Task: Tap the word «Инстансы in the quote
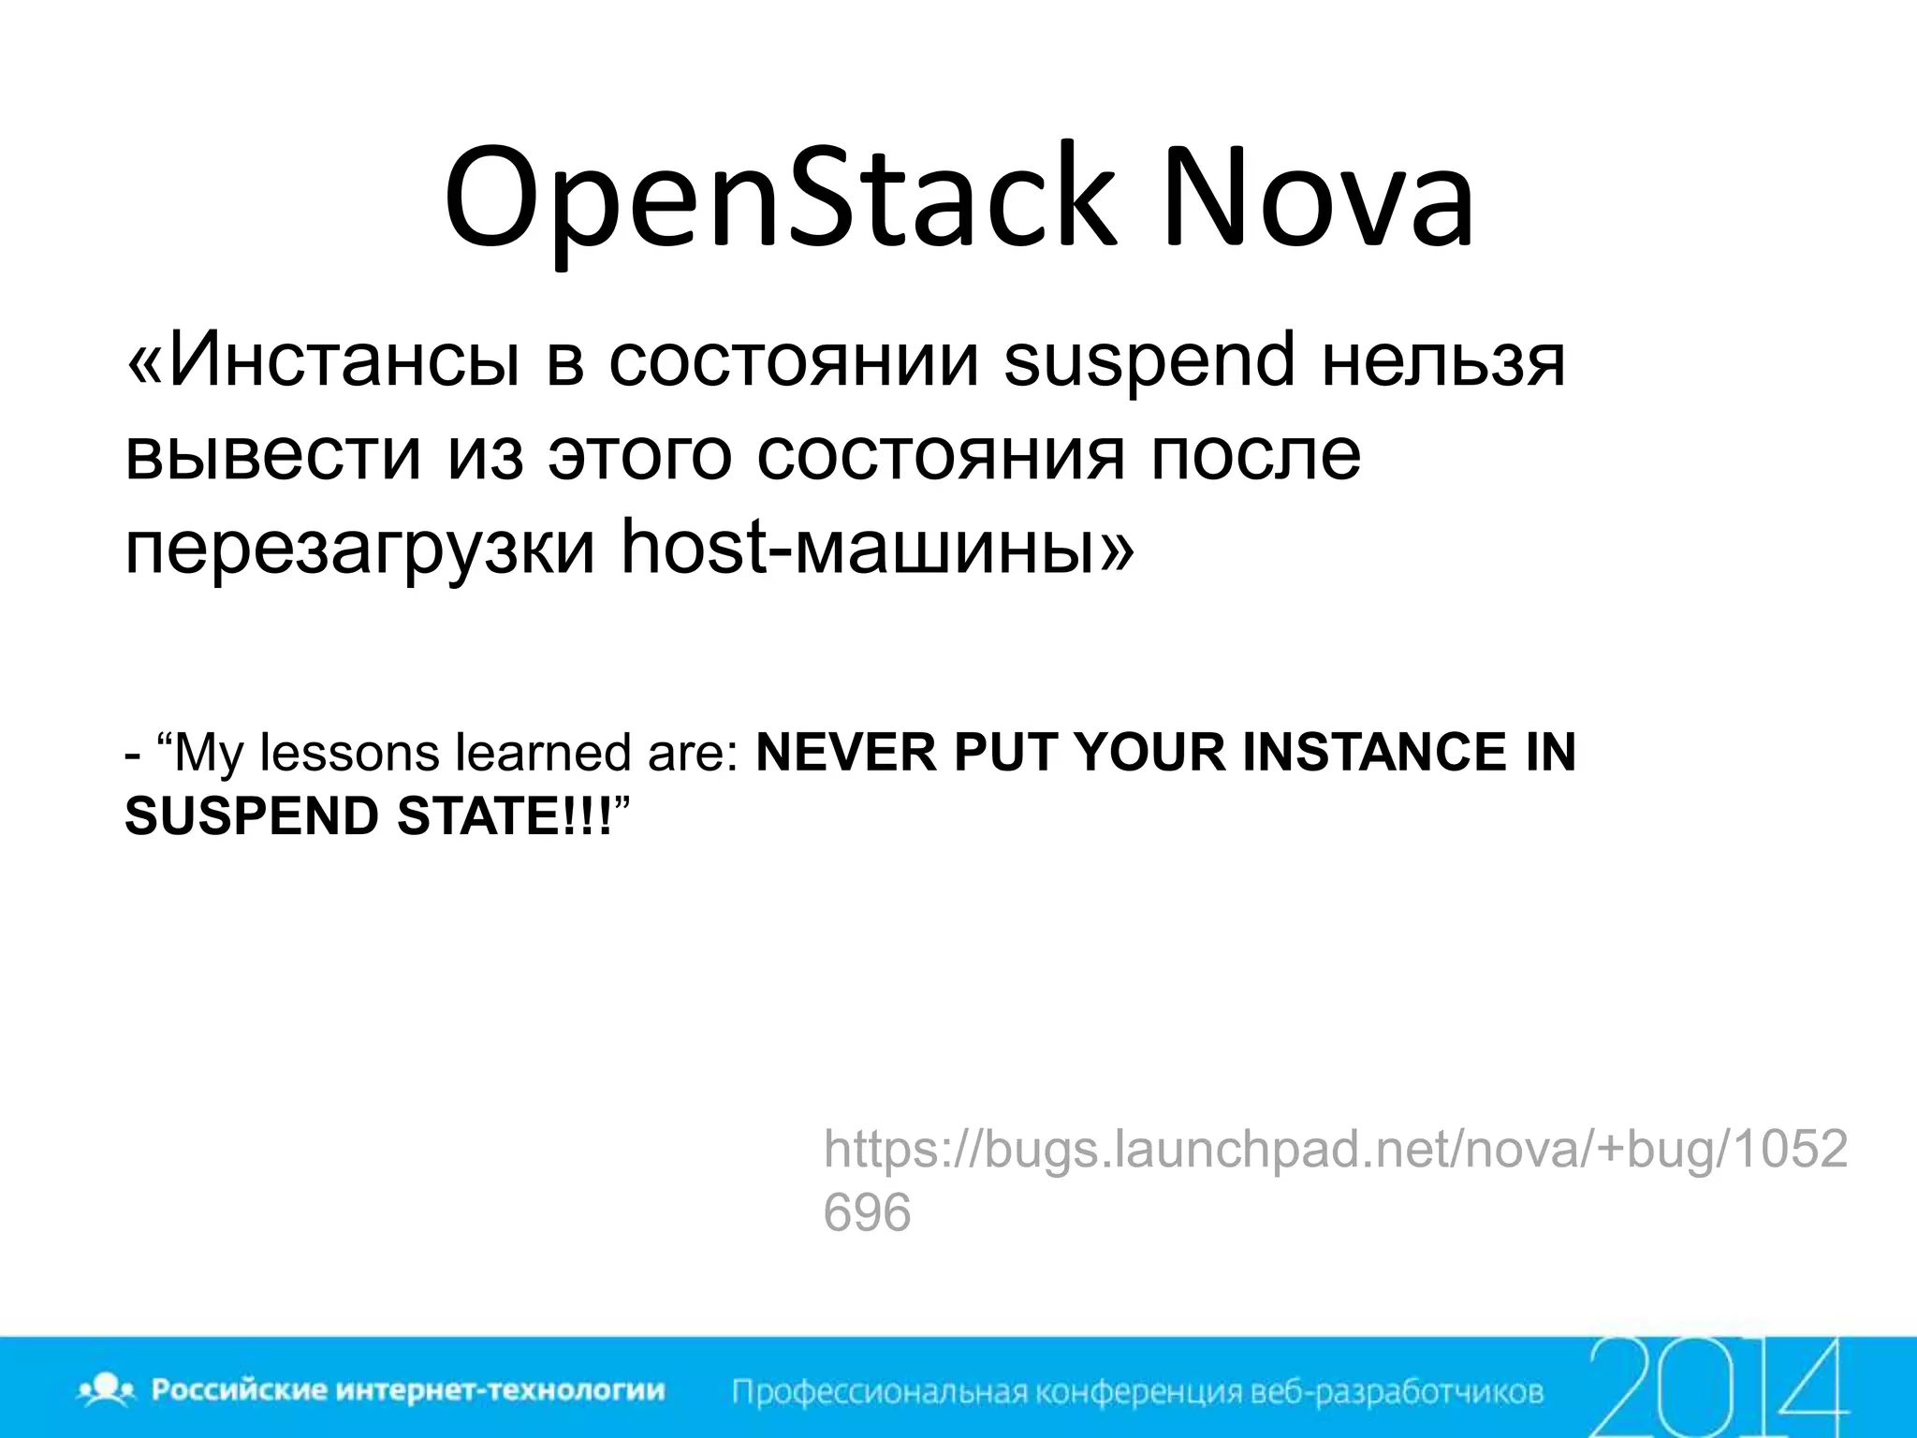tap(323, 360)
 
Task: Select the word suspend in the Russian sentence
tap(1149, 360)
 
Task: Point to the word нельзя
tap(1442, 360)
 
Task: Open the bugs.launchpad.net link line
tap(1335, 1149)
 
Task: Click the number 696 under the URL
tap(867, 1212)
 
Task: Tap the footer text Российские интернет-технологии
tap(408, 1389)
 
